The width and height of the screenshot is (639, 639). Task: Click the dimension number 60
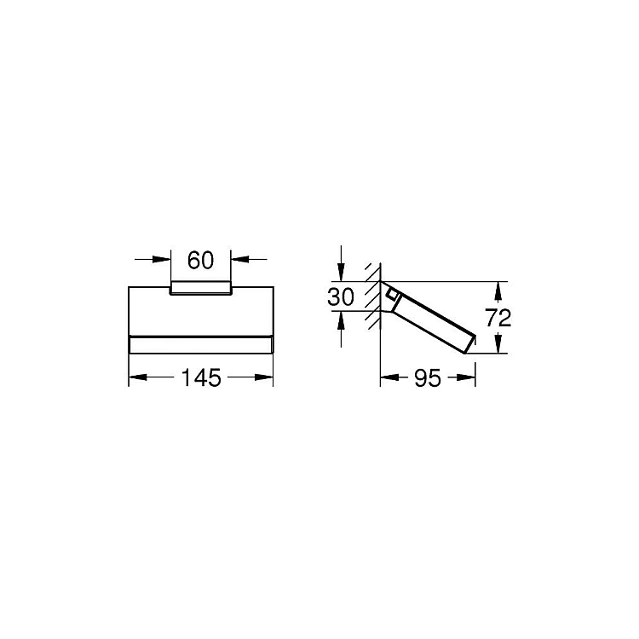coord(200,260)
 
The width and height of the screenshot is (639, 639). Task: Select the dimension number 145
coord(201,377)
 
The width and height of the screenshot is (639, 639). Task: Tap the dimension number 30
coord(341,296)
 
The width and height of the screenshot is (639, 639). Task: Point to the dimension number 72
coord(498,318)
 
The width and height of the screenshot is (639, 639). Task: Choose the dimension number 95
coord(428,378)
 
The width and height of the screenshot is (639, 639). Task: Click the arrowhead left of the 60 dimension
coord(162,259)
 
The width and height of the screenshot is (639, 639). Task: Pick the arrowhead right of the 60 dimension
coord(240,259)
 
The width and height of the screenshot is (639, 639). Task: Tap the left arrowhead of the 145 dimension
coord(138,377)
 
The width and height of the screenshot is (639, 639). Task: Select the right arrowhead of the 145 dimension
coord(264,377)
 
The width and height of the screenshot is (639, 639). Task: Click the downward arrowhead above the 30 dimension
coord(341,273)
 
